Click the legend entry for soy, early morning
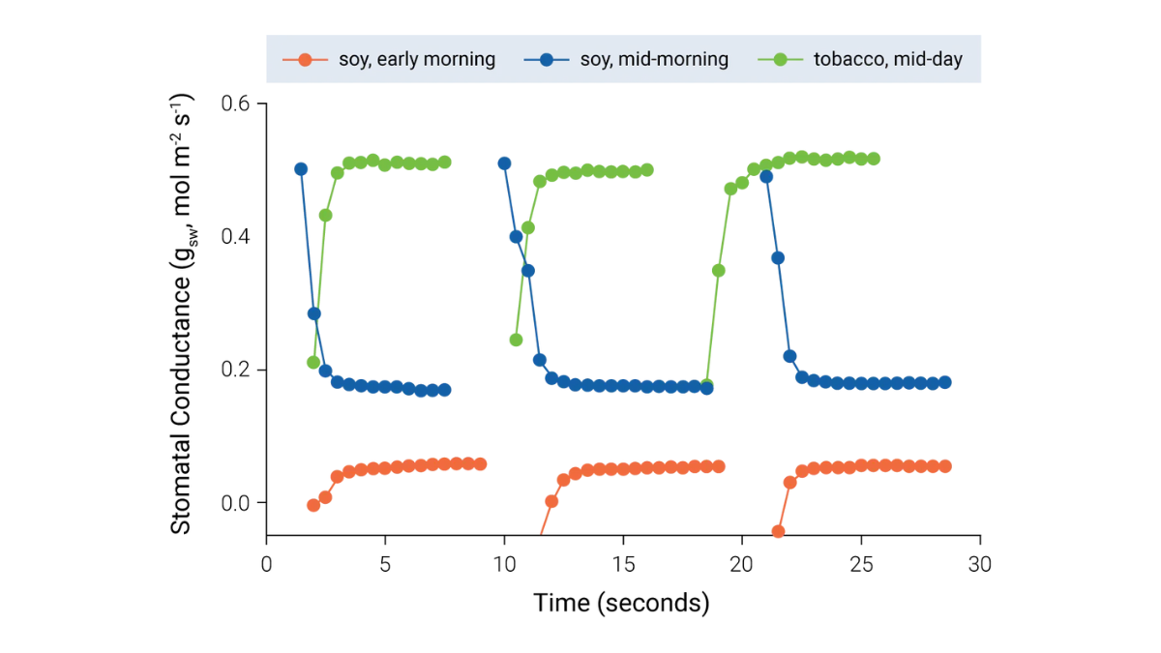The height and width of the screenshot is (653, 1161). click(x=416, y=59)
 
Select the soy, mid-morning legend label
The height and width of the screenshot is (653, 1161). click(x=654, y=59)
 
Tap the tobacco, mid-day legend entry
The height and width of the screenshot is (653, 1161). click(x=887, y=59)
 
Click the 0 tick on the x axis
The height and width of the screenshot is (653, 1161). click(x=267, y=564)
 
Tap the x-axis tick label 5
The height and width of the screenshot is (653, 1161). click(x=385, y=564)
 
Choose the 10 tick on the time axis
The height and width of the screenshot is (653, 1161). click(x=504, y=564)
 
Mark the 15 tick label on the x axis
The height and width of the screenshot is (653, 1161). click(x=623, y=564)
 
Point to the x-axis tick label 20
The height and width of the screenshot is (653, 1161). click(x=742, y=564)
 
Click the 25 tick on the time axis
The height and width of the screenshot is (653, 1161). click(x=861, y=564)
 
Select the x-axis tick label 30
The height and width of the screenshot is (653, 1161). click(x=980, y=564)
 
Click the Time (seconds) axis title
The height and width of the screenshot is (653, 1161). click(x=622, y=604)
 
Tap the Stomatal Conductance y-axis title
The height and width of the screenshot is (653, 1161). click(x=183, y=313)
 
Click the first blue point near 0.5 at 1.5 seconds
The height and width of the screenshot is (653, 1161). click(x=301, y=169)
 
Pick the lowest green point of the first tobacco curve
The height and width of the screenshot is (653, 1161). click(x=313, y=363)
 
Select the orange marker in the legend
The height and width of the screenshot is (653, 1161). click(x=306, y=59)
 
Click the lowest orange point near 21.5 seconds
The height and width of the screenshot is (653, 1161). click(x=778, y=531)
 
